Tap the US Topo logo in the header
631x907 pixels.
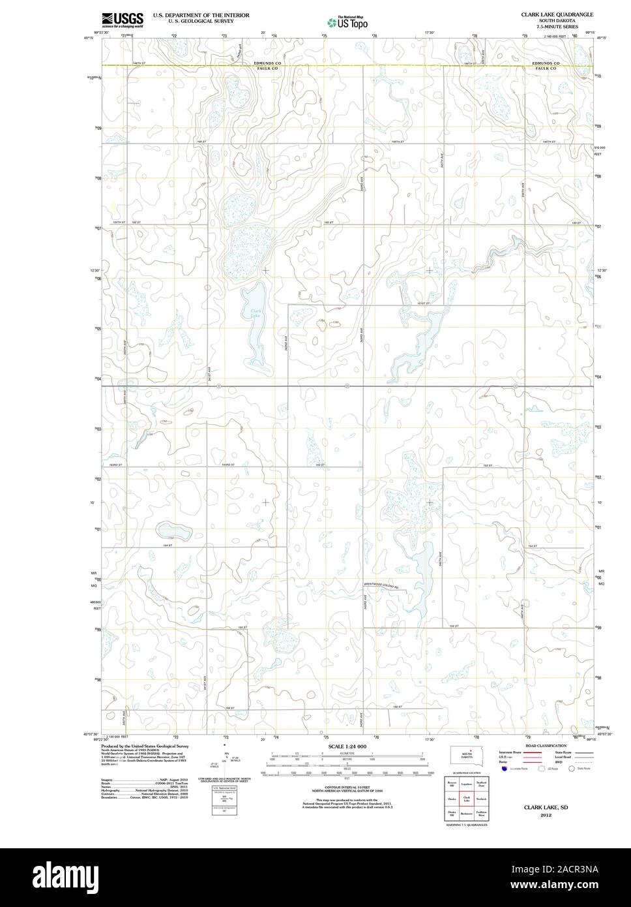pyautogui.click(x=347, y=22)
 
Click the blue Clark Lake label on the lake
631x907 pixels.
pyautogui.click(x=256, y=314)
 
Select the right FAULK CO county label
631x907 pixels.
pyautogui.click(x=544, y=69)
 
